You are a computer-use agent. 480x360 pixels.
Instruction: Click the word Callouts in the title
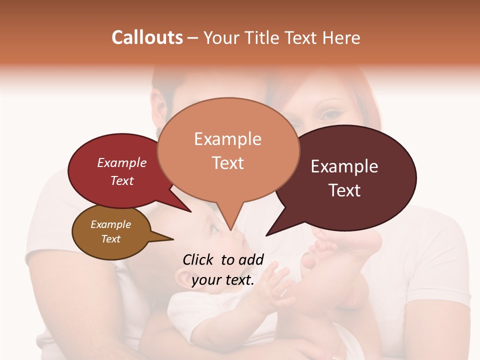click(147, 37)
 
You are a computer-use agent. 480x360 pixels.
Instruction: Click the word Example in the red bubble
click(122, 163)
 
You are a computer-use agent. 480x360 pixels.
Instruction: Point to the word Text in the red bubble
click(122, 180)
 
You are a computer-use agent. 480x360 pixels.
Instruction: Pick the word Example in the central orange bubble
click(227, 139)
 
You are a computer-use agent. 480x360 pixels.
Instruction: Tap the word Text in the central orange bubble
click(227, 163)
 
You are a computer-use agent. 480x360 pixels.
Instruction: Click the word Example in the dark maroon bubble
click(344, 166)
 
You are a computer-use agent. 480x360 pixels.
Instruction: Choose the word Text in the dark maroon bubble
click(344, 190)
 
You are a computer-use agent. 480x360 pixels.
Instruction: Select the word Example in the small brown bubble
click(111, 224)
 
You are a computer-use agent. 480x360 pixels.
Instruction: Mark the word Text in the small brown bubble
click(111, 239)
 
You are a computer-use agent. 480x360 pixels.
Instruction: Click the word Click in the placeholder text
click(198, 259)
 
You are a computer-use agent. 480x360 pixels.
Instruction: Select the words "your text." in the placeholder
click(223, 280)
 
